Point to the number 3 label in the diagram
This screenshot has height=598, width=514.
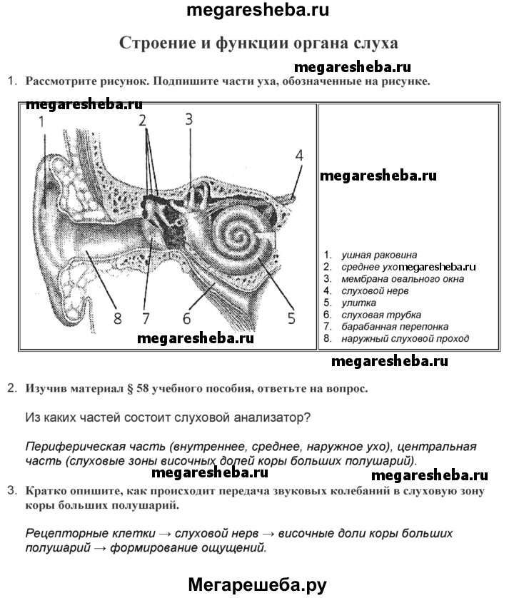click(x=188, y=119)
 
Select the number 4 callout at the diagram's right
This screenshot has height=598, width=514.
click(x=299, y=155)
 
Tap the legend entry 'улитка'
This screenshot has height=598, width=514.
click(x=358, y=303)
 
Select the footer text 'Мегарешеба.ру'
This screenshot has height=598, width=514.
click(x=257, y=584)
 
